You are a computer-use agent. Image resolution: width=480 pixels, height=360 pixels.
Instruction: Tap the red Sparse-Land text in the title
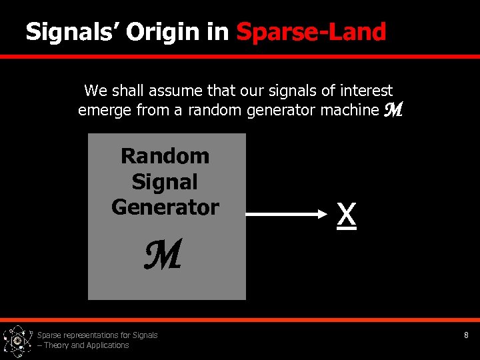point(311,31)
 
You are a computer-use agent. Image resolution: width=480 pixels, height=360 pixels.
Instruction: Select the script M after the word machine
point(393,111)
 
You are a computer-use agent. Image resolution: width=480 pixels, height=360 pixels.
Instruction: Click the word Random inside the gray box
point(165,156)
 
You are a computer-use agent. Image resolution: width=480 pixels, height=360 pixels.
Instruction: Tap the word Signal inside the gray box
point(165,181)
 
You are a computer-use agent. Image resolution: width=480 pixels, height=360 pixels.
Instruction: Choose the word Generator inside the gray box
point(165,207)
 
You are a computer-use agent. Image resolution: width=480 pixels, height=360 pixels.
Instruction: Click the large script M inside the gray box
point(163,256)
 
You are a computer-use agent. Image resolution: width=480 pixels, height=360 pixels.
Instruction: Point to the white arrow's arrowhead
point(316,214)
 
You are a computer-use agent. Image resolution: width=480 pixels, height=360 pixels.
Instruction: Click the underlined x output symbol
point(346,215)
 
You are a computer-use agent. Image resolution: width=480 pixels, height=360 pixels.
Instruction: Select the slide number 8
point(466,335)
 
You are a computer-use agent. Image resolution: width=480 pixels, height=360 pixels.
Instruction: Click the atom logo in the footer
point(17,341)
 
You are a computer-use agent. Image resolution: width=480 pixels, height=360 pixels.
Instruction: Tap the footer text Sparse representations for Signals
point(97,335)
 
